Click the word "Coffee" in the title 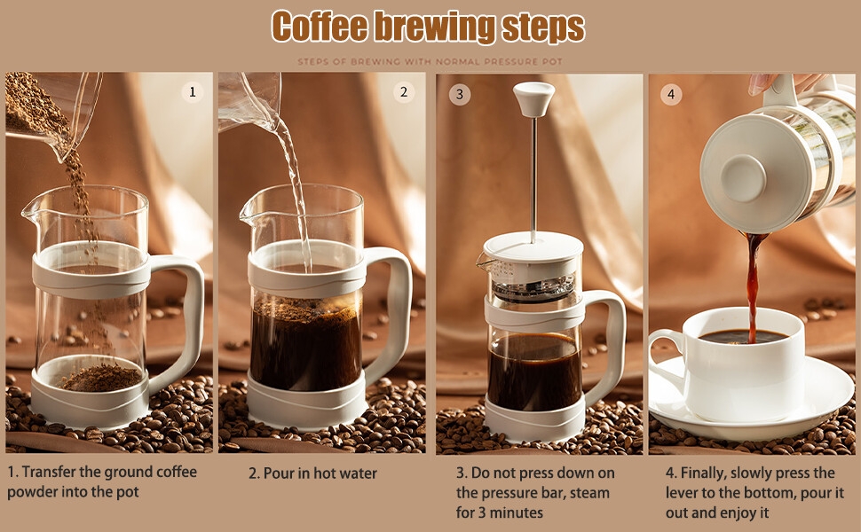(x=320, y=26)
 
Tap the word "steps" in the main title (x=543, y=27)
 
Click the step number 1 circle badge (x=193, y=91)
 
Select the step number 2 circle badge (x=404, y=91)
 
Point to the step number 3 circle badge (x=460, y=94)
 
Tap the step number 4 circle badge (x=670, y=94)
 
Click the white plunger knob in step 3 (x=533, y=98)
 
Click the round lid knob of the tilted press (x=744, y=177)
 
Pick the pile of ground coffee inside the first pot (x=101, y=379)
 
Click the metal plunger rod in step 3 (x=533, y=180)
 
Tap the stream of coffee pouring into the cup (x=753, y=286)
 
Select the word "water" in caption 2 (x=356, y=473)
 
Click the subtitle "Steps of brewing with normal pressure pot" (x=430, y=61)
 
